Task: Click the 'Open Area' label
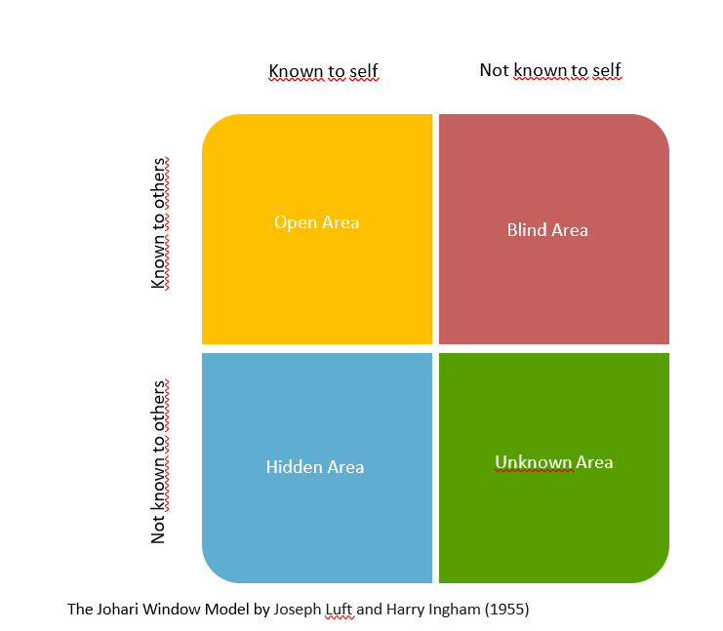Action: [x=317, y=222]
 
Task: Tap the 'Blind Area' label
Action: [x=547, y=230]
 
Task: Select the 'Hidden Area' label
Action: [x=315, y=467]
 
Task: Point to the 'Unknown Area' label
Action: [x=554, y=462]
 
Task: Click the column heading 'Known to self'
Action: [x=323, y=71]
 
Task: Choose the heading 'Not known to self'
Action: [x=550, y=70]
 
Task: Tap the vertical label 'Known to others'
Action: [x=158, y=223]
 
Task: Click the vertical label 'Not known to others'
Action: [x=158, y=462]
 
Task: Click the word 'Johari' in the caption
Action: [x=117, y=609]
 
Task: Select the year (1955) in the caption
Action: [x=506, y=610]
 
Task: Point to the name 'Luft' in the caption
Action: [x=339, y=609]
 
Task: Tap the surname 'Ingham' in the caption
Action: [x=454, y=610]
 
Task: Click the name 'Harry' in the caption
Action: [x=405, y=610]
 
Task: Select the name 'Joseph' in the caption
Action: [x=297, y=610]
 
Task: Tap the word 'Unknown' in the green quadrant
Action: [x=533, y=462]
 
